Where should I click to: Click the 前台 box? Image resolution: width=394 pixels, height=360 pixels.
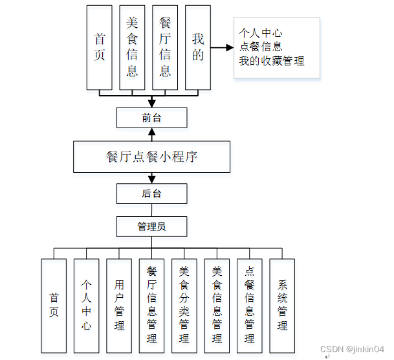[x=151, y=118]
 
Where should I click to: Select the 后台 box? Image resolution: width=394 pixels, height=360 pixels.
[x=151, y=194]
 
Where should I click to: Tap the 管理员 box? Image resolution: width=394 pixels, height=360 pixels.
[x=151, y=227]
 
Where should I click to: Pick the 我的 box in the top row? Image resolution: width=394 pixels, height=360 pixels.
[x=197, y=47]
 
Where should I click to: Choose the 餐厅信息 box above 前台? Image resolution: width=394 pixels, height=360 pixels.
[x=165, y=47]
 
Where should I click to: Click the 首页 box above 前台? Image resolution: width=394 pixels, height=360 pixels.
[x=99, y=47]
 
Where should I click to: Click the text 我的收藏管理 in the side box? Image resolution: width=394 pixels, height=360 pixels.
[x=271, y=61]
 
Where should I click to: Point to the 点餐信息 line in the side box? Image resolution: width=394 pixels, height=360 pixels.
[x=260, y=47]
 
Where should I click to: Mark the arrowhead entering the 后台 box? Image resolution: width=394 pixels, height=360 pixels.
[x=151, y=179]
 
